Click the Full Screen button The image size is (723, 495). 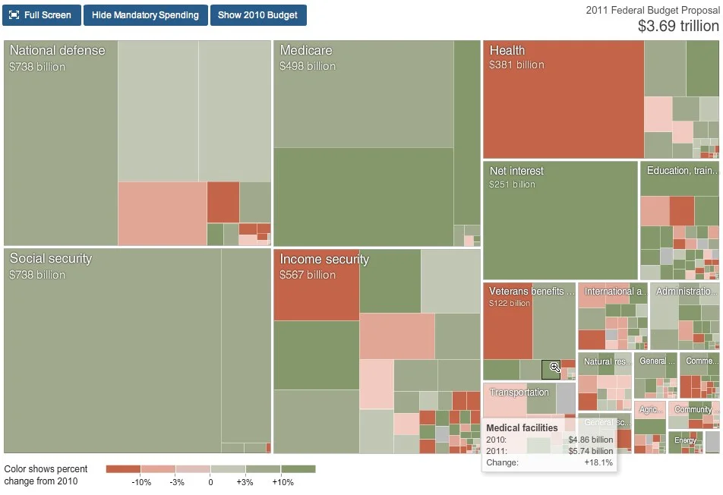coord(41,15)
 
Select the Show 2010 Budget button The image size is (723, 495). coord(258,15)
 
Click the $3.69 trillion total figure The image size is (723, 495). coord(677,26)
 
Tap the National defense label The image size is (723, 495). coord(57,51)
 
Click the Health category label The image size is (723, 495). coord(507,51)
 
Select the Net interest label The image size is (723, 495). coord(516,171)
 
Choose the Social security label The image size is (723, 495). coord(50,259)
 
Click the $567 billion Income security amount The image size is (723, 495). coord(308,275)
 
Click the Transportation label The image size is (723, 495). coord(519,393)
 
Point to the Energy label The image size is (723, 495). coord(685,440)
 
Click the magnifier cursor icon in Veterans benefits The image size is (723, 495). coord(554,367)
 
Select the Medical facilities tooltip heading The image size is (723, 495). coord(522,428)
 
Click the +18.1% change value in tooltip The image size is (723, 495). coord(598,462)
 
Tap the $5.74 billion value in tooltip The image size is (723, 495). coord(591,451)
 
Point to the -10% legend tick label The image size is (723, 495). coord(141,483)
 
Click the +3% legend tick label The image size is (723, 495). coord(245,483)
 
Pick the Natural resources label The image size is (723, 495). coord(606,362)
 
